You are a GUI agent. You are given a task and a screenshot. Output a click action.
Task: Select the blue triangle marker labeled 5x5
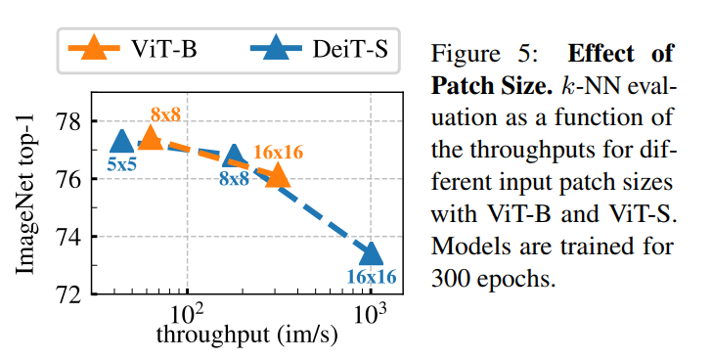[120, 142]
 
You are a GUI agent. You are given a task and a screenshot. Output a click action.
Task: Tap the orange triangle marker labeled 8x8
[151, 137]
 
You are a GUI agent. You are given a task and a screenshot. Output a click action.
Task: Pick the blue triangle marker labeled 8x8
[234, 156]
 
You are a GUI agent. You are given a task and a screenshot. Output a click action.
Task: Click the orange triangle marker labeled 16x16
[279, 174]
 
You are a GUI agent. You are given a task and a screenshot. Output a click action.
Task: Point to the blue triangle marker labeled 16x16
[371, 252]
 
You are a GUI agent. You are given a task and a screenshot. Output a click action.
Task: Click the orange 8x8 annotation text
[165, 115]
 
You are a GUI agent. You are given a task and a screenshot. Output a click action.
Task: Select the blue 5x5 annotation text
[121, 165]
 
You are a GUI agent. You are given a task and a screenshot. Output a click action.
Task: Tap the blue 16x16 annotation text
[372, 277]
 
